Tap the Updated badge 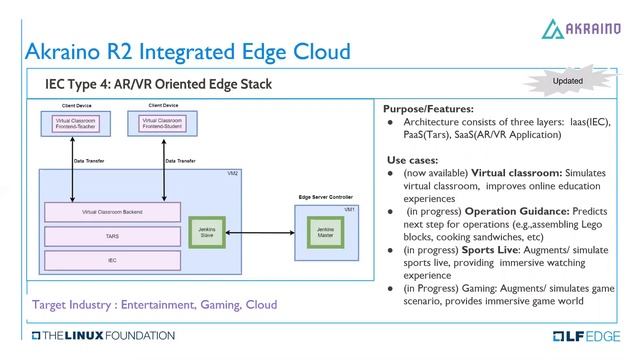567,80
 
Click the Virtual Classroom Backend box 113,212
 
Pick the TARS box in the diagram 113,237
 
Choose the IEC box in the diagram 113,260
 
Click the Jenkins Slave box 208,231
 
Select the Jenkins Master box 325,231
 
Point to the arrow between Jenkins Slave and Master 267,231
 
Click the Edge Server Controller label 327,198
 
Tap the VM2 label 233,174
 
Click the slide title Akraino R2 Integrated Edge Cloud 187,50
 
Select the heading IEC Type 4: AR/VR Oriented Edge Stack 158,84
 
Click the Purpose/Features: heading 428,108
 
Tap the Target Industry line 155,303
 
